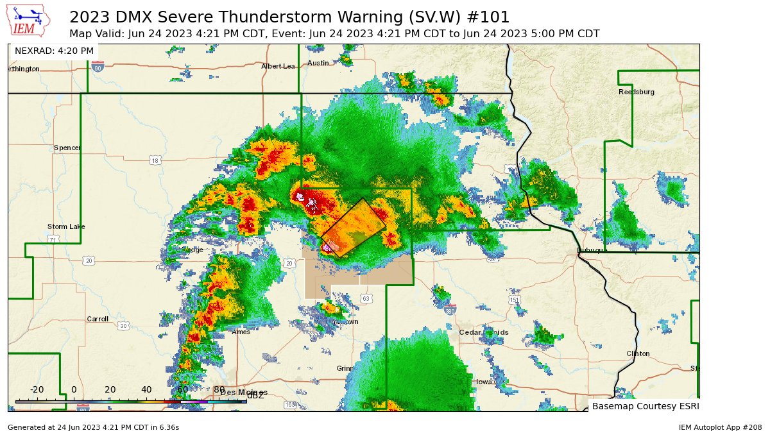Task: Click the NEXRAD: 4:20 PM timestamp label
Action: pos(54,51)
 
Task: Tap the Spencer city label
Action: pos(67,148)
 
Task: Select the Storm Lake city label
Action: pos(66,226)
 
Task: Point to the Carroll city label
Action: pos(98,319)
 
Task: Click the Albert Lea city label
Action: pos(278,66)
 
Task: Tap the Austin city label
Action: pos(318,63)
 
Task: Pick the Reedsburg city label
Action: pos(636,92)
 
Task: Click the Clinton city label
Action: pos(638,353)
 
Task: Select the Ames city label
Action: pos(241,332)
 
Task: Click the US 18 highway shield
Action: pos(155,160)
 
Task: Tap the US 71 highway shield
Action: pos(54,239)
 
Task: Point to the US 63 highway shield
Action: pos(366,298)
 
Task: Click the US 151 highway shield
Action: pos(514,300)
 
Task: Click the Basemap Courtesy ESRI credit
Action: pos(644,406)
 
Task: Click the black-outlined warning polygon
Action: pos(354,228)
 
